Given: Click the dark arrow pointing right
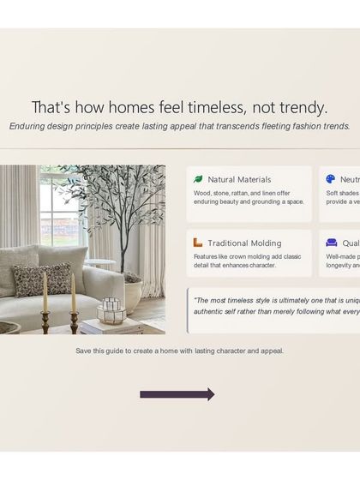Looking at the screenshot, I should (x=177, y=394).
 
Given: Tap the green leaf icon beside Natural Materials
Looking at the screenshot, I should (x=198, y=179).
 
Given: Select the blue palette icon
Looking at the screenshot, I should (x=331, y=179).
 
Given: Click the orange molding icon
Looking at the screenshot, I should (x=198, y=243).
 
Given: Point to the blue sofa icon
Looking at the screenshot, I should (x=331, y=243).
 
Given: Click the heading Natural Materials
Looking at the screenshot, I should (x=239, y=179).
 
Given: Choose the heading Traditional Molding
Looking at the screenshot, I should (x=244, y=243).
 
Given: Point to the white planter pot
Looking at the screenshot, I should (x=133, y=291).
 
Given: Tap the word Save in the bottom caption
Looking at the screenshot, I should (x=83, y=351).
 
